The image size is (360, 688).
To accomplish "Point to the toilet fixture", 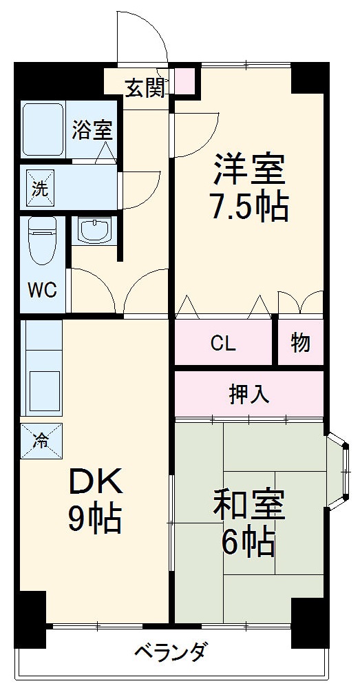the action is click(42, 241).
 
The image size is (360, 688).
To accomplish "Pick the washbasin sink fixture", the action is click(94, 230).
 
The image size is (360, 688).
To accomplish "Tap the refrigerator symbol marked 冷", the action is click(41, 441).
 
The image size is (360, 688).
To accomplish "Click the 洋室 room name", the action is click(249, 169).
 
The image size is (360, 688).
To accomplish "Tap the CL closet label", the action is click(223, 344).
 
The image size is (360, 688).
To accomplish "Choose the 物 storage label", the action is click(300, 343).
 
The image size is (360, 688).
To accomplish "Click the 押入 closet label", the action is click(249, 394).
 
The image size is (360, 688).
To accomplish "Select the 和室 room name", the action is click(249, 505).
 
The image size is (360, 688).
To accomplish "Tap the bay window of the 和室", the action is click(339, 471).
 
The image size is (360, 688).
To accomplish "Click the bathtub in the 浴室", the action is click(43, 129).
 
